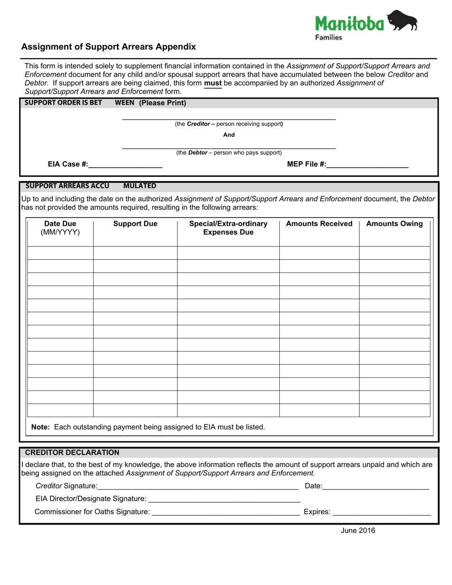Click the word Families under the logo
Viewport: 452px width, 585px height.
tap(329, 38)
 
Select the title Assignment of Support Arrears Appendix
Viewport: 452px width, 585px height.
tap(108, 47)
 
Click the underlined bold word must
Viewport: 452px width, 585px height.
tap(213, 83)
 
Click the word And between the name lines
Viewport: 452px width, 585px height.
tap(229, 135)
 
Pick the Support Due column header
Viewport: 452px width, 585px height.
tap(135, 224)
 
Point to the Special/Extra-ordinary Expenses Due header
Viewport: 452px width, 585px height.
tap(228, 228)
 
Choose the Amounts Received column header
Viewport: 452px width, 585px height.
tap(319, 224)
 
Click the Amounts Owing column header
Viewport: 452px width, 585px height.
tap(394, 224)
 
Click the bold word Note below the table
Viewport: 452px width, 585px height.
tap(40, 427)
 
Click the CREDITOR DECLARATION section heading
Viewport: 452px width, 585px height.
tap(72, 452)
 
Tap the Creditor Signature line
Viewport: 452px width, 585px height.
tap(197, 486)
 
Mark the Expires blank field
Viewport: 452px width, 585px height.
tap(382, 512)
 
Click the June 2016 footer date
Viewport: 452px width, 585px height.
tap(358, 531)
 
